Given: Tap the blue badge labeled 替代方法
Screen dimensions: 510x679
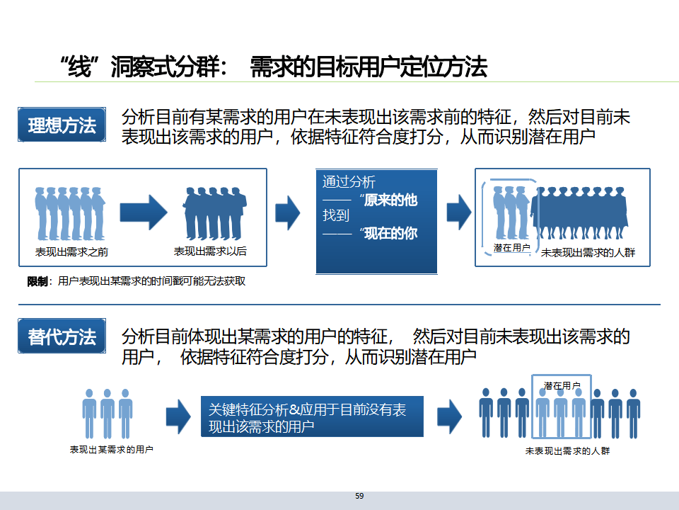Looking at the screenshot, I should click(x=62, y=337).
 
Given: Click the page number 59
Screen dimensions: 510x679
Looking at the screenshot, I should click(x=359, y=496).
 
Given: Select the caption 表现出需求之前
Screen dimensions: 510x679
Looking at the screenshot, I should click(x=71, y=251).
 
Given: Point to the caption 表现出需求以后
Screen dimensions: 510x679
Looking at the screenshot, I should click(x=210, y=251).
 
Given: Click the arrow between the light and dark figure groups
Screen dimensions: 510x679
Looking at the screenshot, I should click(x=143, y=212).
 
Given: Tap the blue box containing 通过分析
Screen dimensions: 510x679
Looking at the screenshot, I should click(x=376, y=222).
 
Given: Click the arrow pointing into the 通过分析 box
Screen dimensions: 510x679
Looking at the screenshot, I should click(x=287, y=211).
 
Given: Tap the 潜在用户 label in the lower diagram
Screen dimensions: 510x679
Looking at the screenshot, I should click(x=562, y=385).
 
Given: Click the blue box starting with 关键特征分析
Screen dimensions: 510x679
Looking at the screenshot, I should click(x=312, y=417).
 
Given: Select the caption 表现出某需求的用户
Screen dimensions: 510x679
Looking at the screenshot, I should click(x=112, y=450).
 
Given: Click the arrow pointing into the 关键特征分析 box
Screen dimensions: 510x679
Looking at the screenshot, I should click(x=178, y=417).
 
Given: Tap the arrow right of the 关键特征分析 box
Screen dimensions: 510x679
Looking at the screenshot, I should click(x=449, y=417).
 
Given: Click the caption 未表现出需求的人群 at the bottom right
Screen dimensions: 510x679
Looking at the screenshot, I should click(x=567, y=451).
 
